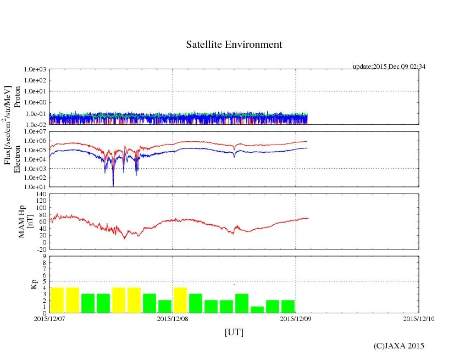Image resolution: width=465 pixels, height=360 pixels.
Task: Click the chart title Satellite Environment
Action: (234, 45)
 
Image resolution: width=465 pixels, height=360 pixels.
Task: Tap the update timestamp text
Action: (389, 67)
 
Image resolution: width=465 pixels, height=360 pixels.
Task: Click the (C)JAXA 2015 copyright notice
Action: (399, 346)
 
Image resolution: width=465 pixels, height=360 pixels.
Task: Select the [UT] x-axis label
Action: (234, 332)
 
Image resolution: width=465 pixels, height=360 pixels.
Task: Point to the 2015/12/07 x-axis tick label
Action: (49, 318)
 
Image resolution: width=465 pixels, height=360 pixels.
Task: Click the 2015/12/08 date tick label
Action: (173, 318)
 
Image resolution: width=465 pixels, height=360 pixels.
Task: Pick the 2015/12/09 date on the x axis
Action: (296, 318)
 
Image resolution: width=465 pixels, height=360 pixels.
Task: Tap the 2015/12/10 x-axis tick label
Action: (419, 318)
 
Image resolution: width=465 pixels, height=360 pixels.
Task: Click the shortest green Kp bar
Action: (257, 309)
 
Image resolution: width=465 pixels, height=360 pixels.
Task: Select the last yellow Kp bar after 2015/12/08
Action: (180, 300)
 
